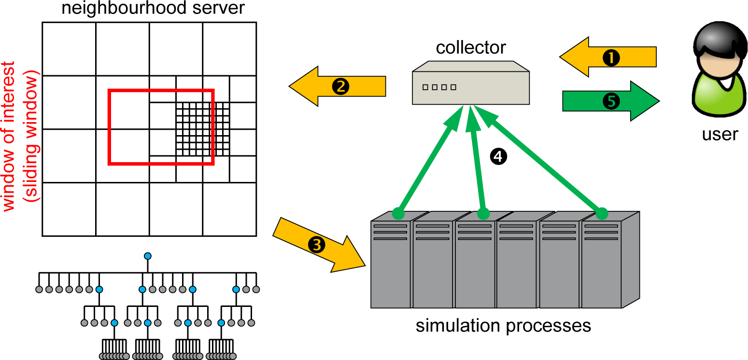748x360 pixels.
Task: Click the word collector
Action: [x=470, y=47]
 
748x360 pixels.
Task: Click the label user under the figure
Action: [x=720, y=134]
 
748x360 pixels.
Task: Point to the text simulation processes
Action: [x=503, y=326]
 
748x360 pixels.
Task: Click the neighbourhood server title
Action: [x=153, y=8]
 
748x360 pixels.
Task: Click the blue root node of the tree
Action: [x=148, y=256]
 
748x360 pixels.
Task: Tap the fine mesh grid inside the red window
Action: [x=202, y=128]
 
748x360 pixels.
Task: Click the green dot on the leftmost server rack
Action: [x=398, y=212]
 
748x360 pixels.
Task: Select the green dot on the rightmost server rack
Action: [x=602, y=212]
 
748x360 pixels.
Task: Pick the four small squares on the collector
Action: [x=439, y=87]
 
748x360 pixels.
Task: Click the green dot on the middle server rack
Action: [x=483, y=212]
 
